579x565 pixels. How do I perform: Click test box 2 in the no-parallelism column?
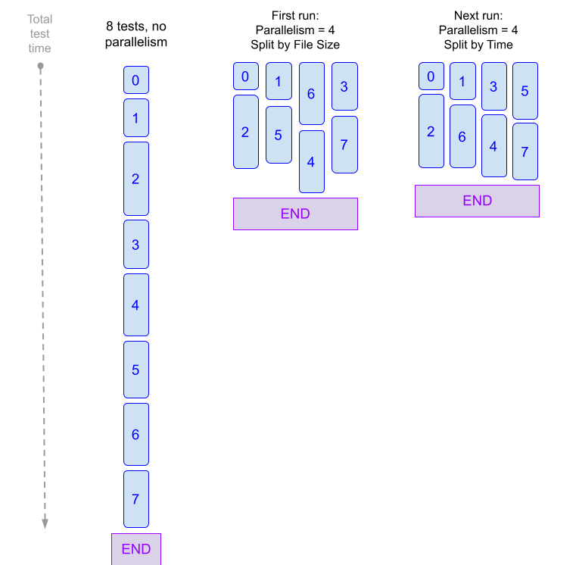[x=136, y=179]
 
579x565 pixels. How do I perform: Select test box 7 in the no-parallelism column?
[x=136, y=499]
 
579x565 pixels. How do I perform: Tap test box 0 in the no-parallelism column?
[x=136, y=80]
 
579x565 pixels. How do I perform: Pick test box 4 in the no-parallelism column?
[x=136, y=305]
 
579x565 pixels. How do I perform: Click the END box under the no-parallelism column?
[x=136, y=549]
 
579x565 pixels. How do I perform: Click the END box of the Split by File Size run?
[x=295, y=214]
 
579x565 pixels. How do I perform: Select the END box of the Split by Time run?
[x=477, y=201]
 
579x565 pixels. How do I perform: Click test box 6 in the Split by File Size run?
[x=311, y=94]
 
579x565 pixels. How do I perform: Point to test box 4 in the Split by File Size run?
[x=311, y=161]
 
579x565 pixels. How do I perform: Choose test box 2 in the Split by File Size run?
[x=245, y=132]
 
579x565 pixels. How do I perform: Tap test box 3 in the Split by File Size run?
[x=344, y=86]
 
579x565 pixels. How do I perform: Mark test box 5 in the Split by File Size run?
[x=279, y=135]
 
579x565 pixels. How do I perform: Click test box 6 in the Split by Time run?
[x=462, y=136]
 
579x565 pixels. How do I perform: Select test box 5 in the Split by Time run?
[x=525, y=91]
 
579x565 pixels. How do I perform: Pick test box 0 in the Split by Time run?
[x=431, y=76]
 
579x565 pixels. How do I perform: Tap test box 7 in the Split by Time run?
[x=525, y=151]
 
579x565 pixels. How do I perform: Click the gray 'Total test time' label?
[x=39, y=34]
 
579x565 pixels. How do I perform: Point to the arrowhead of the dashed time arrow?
[x=44, y=523]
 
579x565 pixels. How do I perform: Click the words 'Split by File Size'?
[x=295, y=45]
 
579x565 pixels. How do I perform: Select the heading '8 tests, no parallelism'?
[x=136, y=34]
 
